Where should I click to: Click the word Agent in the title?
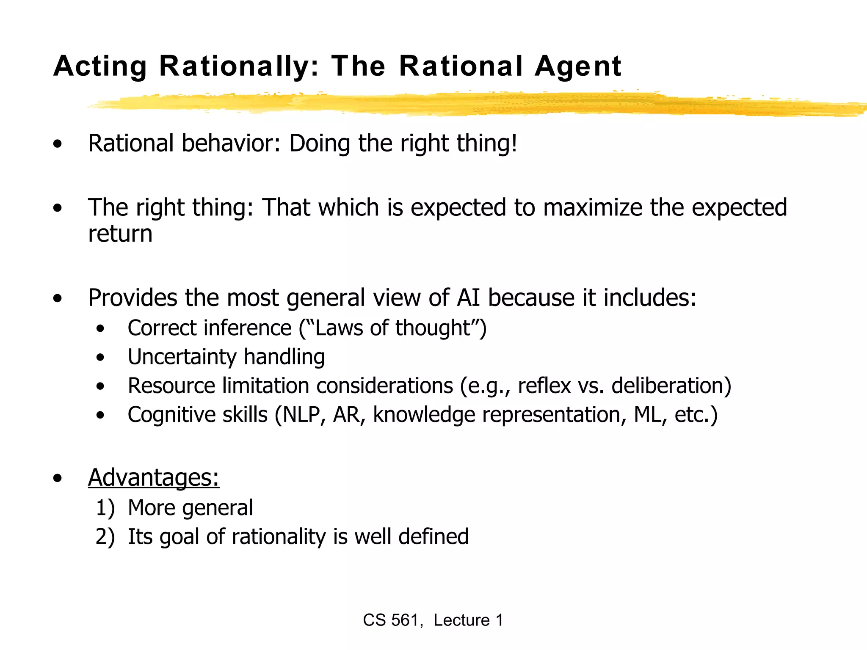click(x=578, y=67)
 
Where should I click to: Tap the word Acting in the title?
click(x=100, y=67)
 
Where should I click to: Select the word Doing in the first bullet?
click(x=320, y=143)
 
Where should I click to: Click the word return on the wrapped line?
click(x=120, y=234)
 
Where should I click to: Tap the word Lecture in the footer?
click(x=461, y=620)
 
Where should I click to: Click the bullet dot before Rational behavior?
click(x=58, y=144)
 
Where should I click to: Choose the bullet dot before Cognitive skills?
click(x=100, y=415)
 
